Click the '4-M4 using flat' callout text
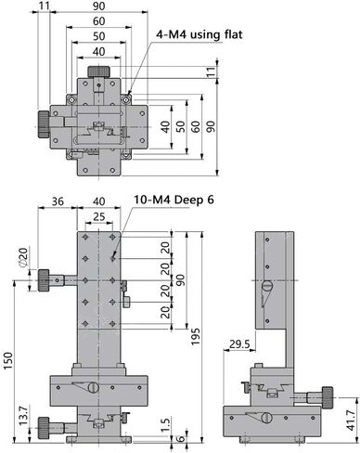199,34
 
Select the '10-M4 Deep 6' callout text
174,200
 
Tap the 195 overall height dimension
196,337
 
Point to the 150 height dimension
8,360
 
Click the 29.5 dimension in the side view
239,343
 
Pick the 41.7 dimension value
351,420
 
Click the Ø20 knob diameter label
23,257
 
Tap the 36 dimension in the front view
58,201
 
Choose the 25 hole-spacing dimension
99,216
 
